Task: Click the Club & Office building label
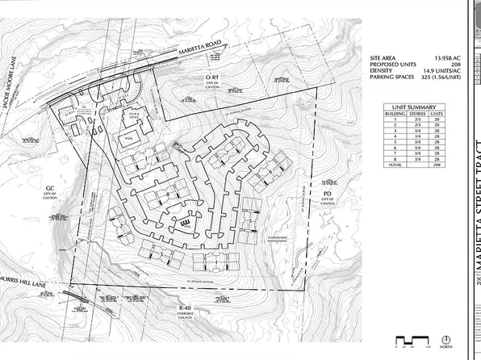pyautogui.click(x=134, y=115)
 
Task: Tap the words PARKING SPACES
pyautogui.click(x=393, y=78)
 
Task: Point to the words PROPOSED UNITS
pyautogui.click(x=393, y=65)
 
